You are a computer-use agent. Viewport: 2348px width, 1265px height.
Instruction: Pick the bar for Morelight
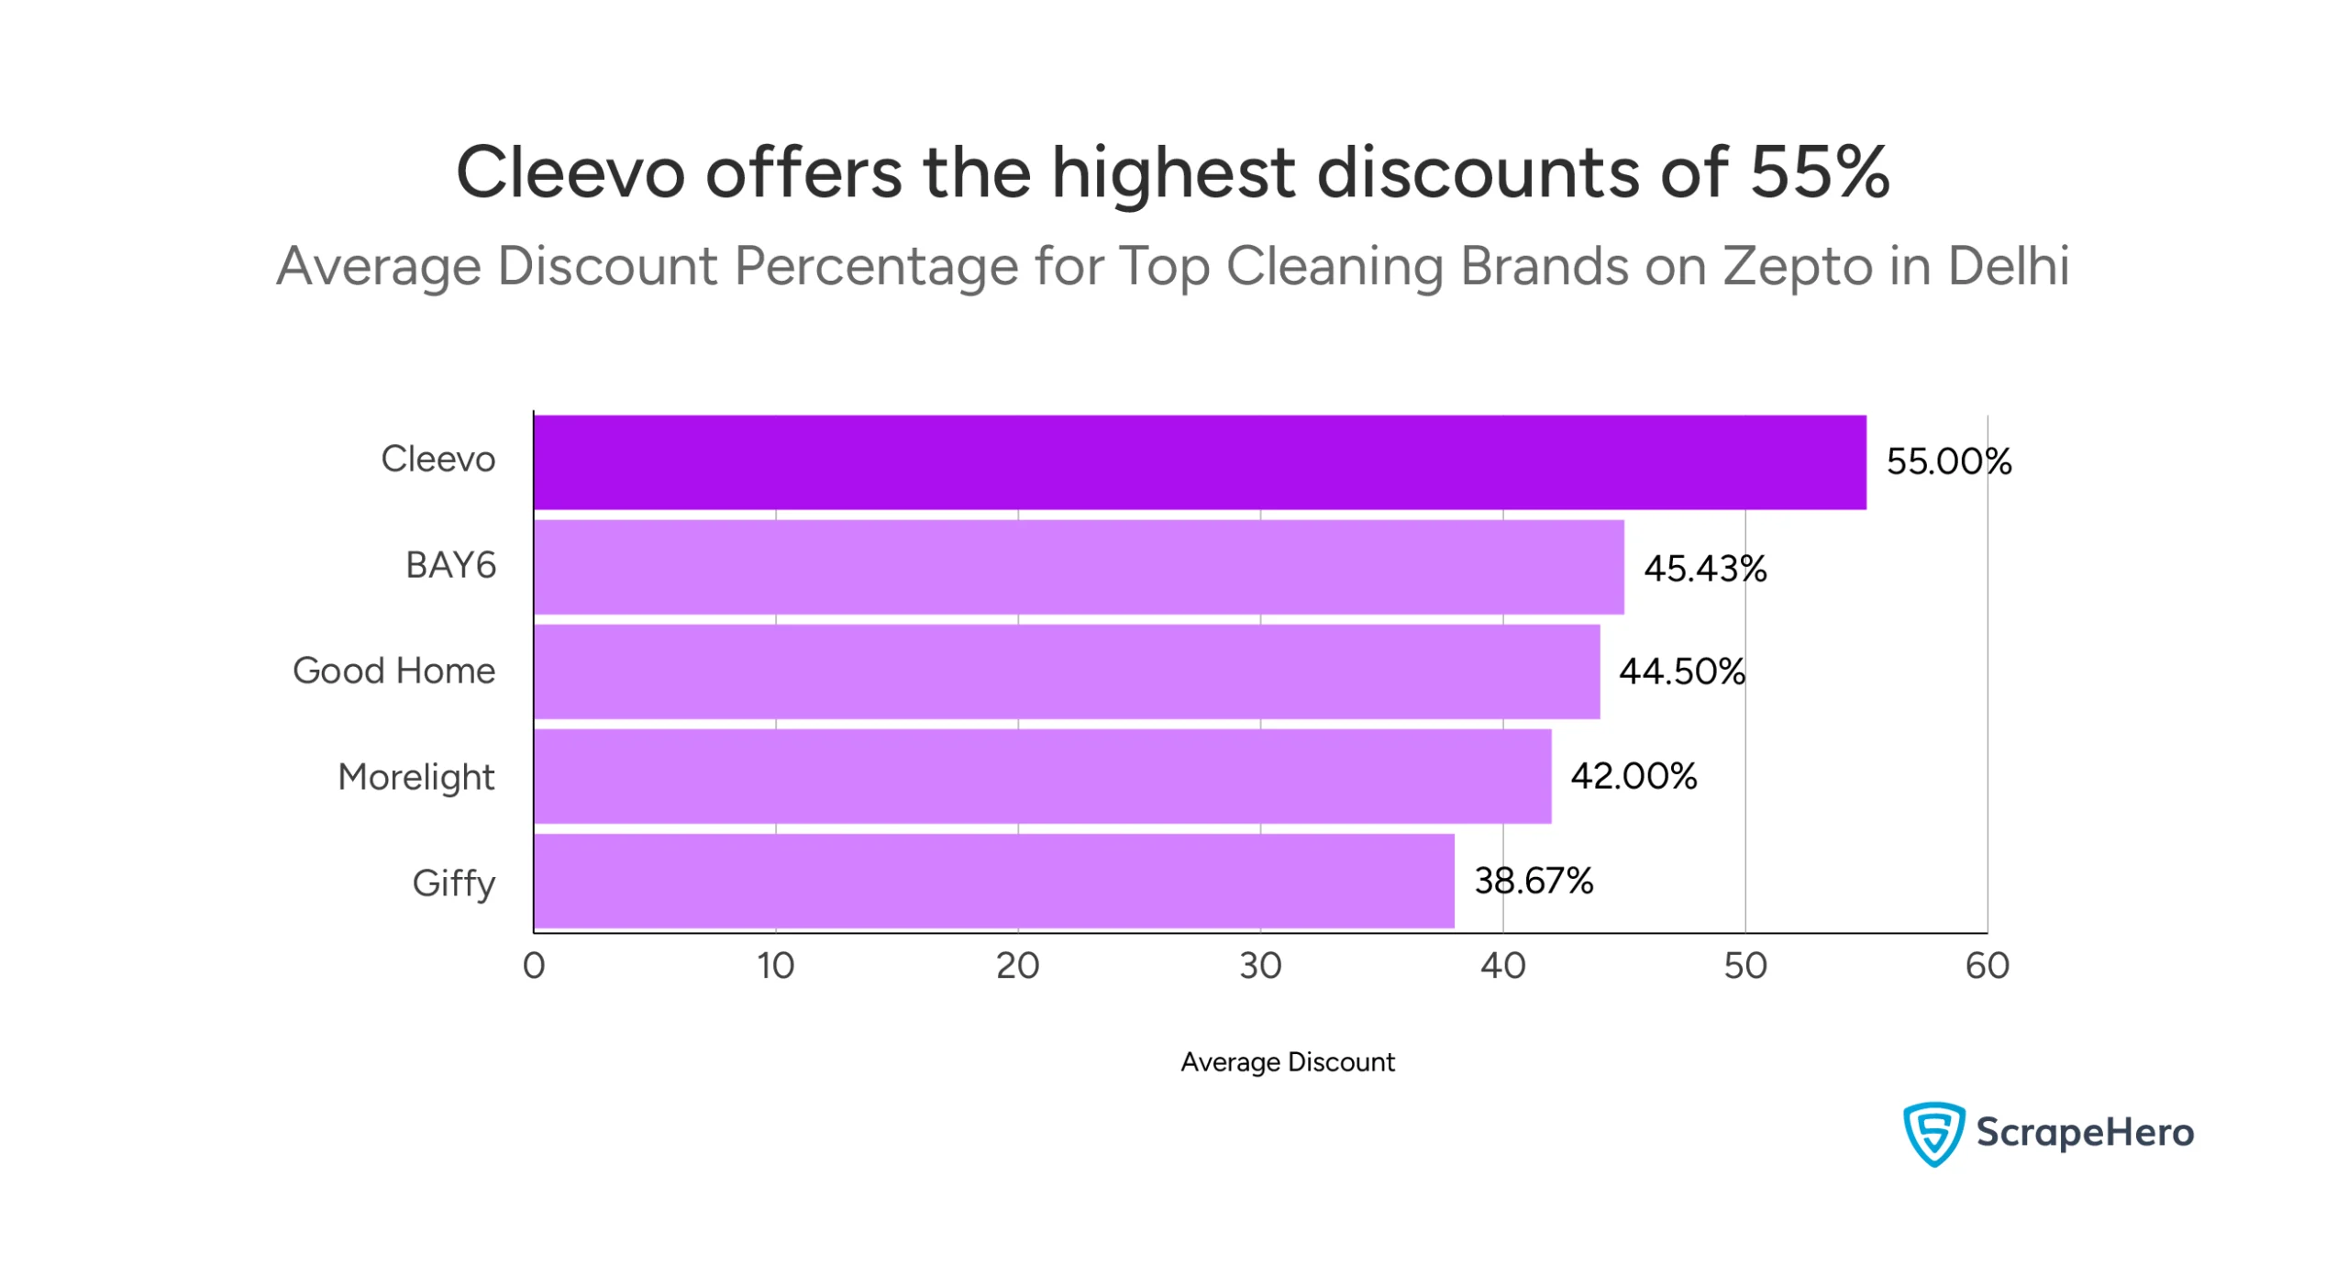pyautogui.click(x=1041, y=775)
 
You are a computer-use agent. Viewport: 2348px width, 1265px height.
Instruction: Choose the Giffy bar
pyautogui.click(x=992, y=880)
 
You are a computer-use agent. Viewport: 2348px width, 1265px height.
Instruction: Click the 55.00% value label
pyautogui.click(x=1947, y=461)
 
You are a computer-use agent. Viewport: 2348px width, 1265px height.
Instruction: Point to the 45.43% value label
pyautogui.click(x=1703, y=568)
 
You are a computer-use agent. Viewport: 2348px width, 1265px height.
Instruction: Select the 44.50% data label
pyautogui.click(x=1680, y=671)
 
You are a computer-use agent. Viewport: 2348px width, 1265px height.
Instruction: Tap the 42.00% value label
pyautogui.click(x=1633, y=775)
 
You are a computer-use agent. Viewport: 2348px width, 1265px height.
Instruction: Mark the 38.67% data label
pyautogui.click(x=1533, y=880)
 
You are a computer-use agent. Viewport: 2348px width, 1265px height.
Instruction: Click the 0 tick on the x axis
pyautogui.click(x=533, y=965)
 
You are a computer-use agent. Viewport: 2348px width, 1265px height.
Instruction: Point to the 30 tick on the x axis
pyautogui.click(x=1259, y=965)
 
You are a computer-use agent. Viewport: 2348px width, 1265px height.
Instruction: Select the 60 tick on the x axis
pyautogui.click(x=1986, y=965)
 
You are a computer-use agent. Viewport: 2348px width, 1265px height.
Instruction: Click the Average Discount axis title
pyautogui.click(x=1286, y=1061)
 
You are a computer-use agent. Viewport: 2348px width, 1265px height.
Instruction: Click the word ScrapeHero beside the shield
pyautogui.click(x=2084, y=1132)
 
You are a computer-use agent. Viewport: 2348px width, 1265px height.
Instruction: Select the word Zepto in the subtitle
pyautogui.click(x=1796, y=266)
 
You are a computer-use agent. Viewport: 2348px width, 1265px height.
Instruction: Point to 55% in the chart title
pyautogui.click(x=1819, y=172)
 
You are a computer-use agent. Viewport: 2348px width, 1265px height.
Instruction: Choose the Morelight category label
pyautogui.click(x=415, y=776)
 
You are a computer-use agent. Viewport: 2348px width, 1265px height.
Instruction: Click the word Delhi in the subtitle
pyautogui.click(x=2008, y=266)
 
